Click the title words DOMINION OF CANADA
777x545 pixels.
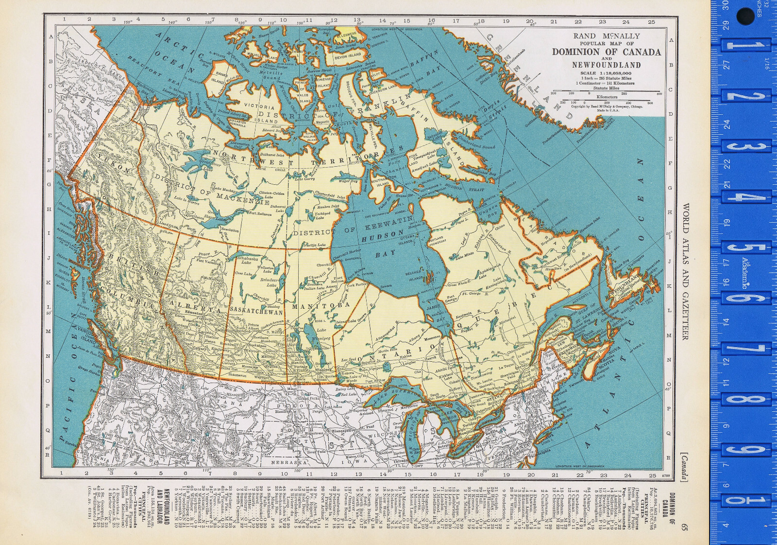coord(606,52)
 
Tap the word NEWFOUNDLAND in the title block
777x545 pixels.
coord(606,65)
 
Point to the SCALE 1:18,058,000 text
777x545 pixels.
coord(606,73)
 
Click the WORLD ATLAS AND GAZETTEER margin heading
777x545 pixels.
coord(685,272)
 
